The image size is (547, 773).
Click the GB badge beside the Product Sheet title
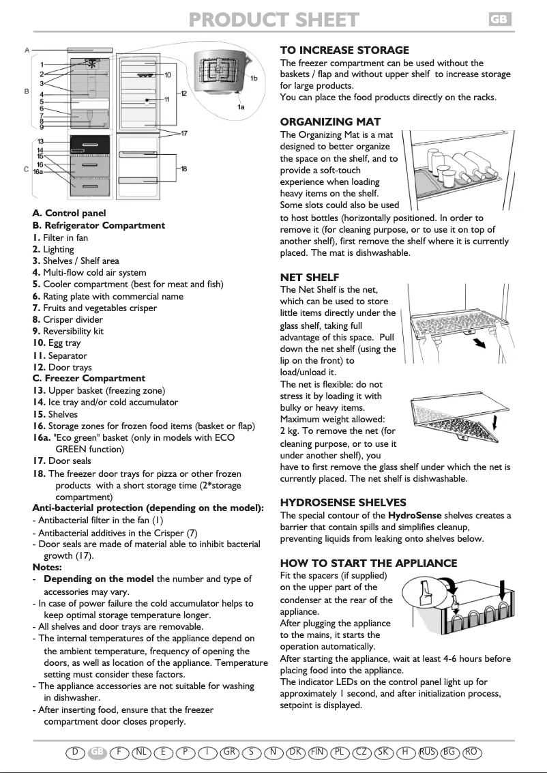point(499,20)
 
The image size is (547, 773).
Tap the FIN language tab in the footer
point(317,752)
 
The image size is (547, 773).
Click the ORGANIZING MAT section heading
point(330,122)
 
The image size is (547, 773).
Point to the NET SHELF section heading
point(310,277)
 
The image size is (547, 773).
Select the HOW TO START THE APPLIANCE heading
point(369,563)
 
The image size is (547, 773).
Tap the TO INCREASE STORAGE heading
point(344,50)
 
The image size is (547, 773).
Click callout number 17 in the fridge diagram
point(184,133)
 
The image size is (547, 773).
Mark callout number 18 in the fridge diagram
point(184,169)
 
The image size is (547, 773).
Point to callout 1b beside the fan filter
point(253,79)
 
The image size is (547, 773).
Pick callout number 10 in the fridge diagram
point(167,75)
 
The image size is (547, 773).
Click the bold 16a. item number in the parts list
point(42,438)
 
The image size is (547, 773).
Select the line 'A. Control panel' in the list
point(69,214)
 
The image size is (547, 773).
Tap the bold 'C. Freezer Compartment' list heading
point(89,378)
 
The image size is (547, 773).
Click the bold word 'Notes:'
point(47,567)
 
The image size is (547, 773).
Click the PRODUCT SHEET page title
point(273,20)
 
